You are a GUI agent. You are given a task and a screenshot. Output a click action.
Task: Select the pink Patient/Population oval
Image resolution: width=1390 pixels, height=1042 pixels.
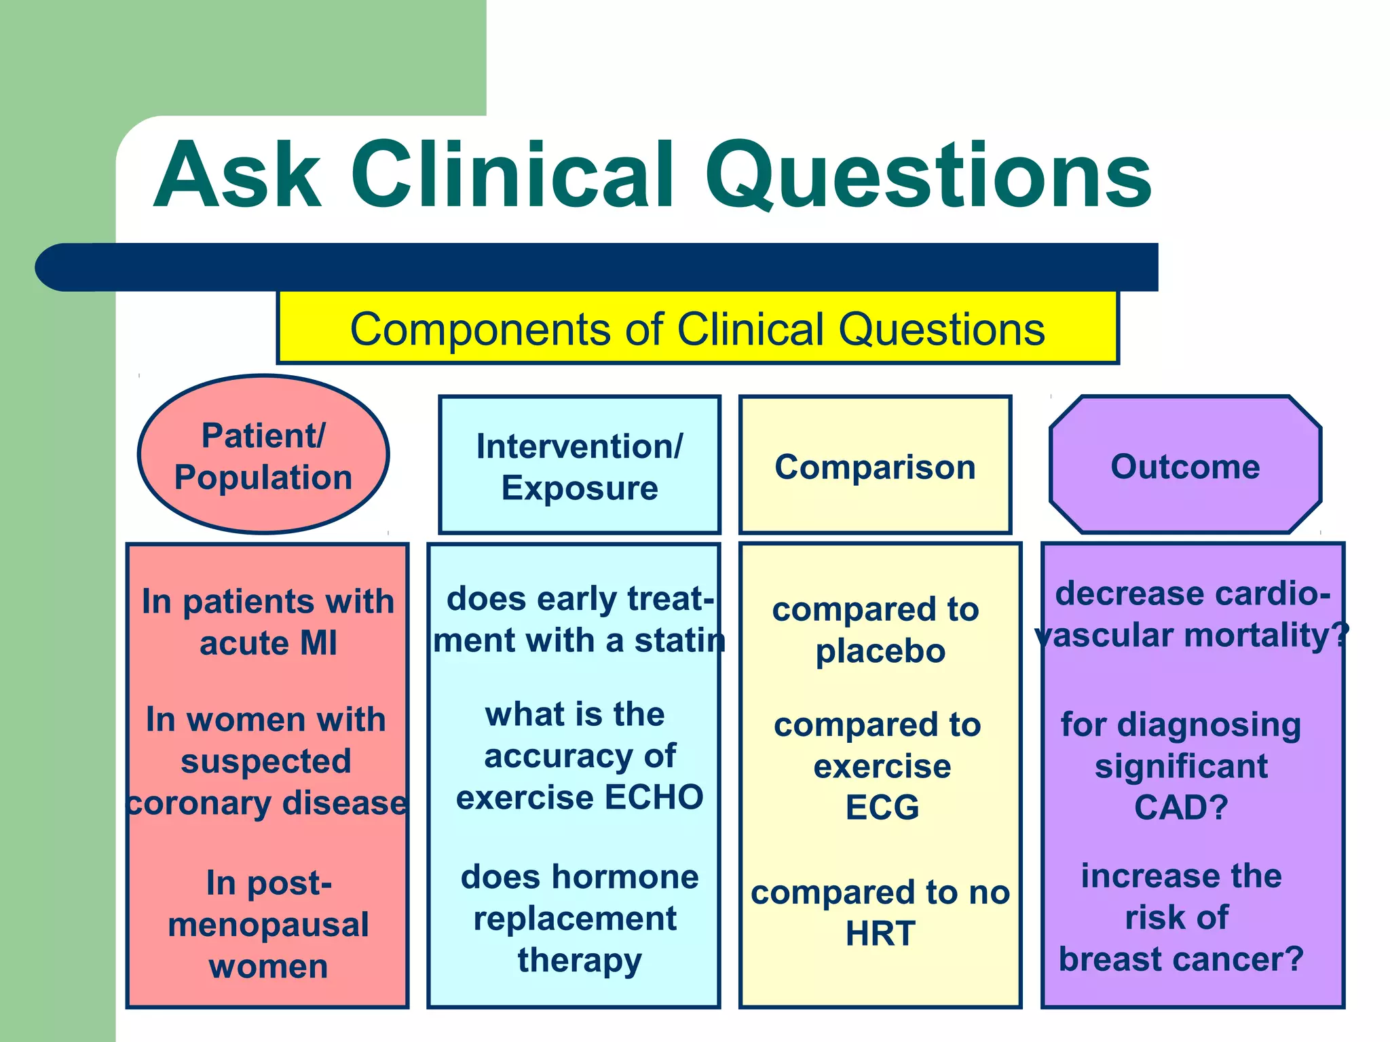click(x=263, y=455)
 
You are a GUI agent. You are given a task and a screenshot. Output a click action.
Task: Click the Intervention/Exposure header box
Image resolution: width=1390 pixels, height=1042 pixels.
click(x=580, y=466)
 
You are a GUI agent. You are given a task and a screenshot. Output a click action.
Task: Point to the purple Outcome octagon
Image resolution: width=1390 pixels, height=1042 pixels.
click(x=1185, y=466)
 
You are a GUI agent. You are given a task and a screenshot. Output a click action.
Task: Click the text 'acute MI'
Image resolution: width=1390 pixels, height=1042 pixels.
click(x=268, y=643)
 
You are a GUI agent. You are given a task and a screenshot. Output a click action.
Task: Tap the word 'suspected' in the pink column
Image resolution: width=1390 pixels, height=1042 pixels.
click(x=266, y=761)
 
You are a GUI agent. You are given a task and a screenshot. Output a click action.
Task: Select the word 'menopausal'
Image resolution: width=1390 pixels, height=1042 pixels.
click(x=268, y=925)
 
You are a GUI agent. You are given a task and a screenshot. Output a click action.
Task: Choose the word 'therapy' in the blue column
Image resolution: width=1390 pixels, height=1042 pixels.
click(x=580, y=960)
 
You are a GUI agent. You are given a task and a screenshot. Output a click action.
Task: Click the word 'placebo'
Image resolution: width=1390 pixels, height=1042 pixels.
click(x=880, y=651)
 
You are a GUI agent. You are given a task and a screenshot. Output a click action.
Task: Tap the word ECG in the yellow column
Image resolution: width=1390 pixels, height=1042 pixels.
click(x=882, y=807)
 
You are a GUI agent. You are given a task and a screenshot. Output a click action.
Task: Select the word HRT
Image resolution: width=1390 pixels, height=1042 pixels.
click(x=880, y=933)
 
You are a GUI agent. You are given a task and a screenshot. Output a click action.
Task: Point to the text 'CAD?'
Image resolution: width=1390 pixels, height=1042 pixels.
click(x=1181, y=807)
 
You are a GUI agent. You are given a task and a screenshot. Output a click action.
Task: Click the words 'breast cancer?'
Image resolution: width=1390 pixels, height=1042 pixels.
click(x=1181, y=959)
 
